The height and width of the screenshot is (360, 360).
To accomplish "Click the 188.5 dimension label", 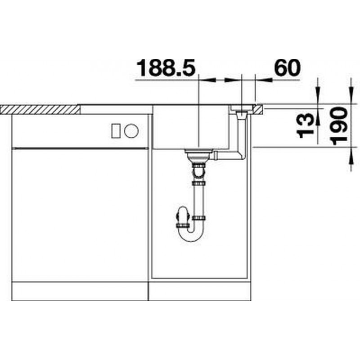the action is (x=166, y=67).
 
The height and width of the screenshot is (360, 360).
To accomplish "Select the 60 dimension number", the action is (x=287, y=67).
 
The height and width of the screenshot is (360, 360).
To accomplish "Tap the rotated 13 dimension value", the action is (x=306, y=126).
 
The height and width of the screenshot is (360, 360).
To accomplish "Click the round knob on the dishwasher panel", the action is (x=131, y=131).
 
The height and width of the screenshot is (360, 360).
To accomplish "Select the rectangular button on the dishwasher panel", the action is (x=116, y=131).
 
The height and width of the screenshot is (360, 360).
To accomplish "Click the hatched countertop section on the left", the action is (x=40, y=109).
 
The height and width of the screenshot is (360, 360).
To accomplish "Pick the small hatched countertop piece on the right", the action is (x=258, y=109).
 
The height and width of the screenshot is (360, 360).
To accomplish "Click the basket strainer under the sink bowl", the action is (x=199, y=156).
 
